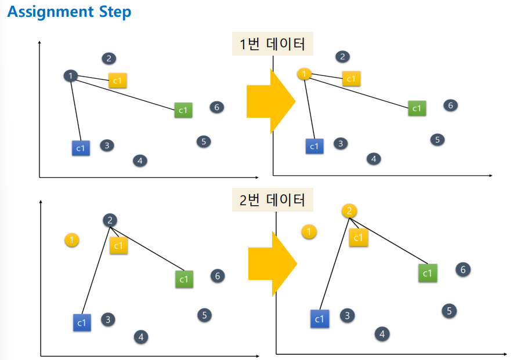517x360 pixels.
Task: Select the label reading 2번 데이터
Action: click(272, 200)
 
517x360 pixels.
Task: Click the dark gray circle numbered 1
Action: click(70, 75)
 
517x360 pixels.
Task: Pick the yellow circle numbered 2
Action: click(349, 211)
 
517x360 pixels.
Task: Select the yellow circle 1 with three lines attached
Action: click(304, 74)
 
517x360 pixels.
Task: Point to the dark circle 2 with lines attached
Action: click(110, 220)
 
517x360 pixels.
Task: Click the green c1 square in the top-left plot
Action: click(183, 110)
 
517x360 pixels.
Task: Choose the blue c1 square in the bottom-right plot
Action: click(319, 319)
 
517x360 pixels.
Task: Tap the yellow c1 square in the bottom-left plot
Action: click(118, 245)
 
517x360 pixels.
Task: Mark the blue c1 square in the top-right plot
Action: click(314, 146)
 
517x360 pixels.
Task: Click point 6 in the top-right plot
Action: click(450, 105)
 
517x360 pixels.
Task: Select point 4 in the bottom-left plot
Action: click(140, 336)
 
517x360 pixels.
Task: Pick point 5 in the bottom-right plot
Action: click(449, 311)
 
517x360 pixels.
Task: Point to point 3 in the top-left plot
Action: click(106, 145)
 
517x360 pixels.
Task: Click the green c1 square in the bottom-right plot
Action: click(428, 272)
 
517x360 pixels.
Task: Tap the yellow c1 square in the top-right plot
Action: click(351, 78)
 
